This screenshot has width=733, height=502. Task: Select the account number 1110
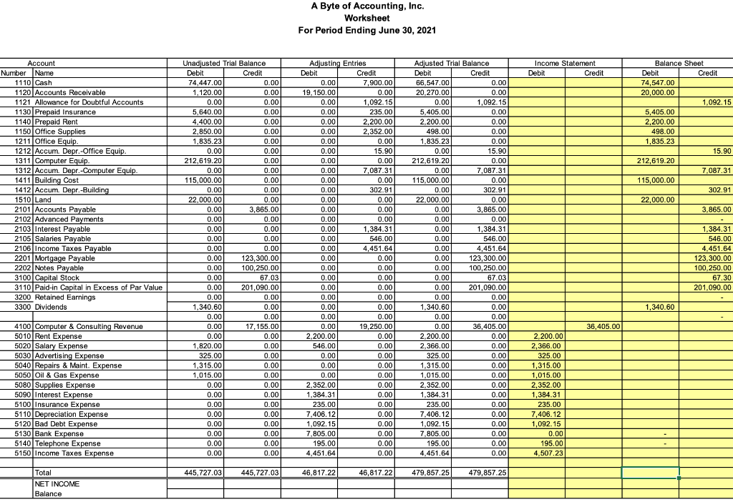coord(17,83)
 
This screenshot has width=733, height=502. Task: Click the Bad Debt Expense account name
coord(67,424)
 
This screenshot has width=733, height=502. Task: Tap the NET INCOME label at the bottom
coord(57,484)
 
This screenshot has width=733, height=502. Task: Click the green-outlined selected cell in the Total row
coord(649,473)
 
